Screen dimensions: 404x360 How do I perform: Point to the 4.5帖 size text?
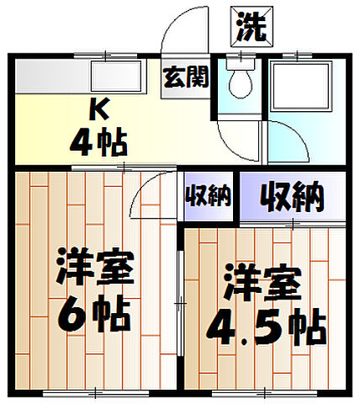tap(265, 327)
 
